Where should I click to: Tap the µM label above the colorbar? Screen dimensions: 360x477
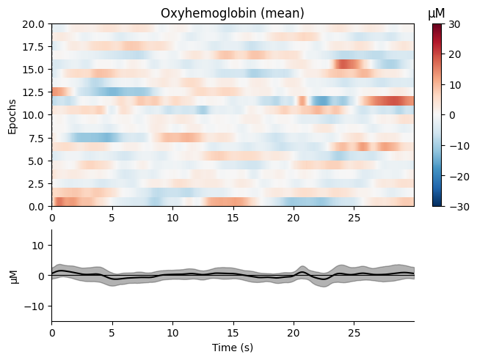point(437,12)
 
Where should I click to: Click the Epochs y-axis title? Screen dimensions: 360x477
point(12,115)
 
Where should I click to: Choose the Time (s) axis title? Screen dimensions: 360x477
point(233,347)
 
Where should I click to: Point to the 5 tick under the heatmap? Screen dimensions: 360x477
point(112,218)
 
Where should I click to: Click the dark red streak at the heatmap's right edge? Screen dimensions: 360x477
point(393,101)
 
